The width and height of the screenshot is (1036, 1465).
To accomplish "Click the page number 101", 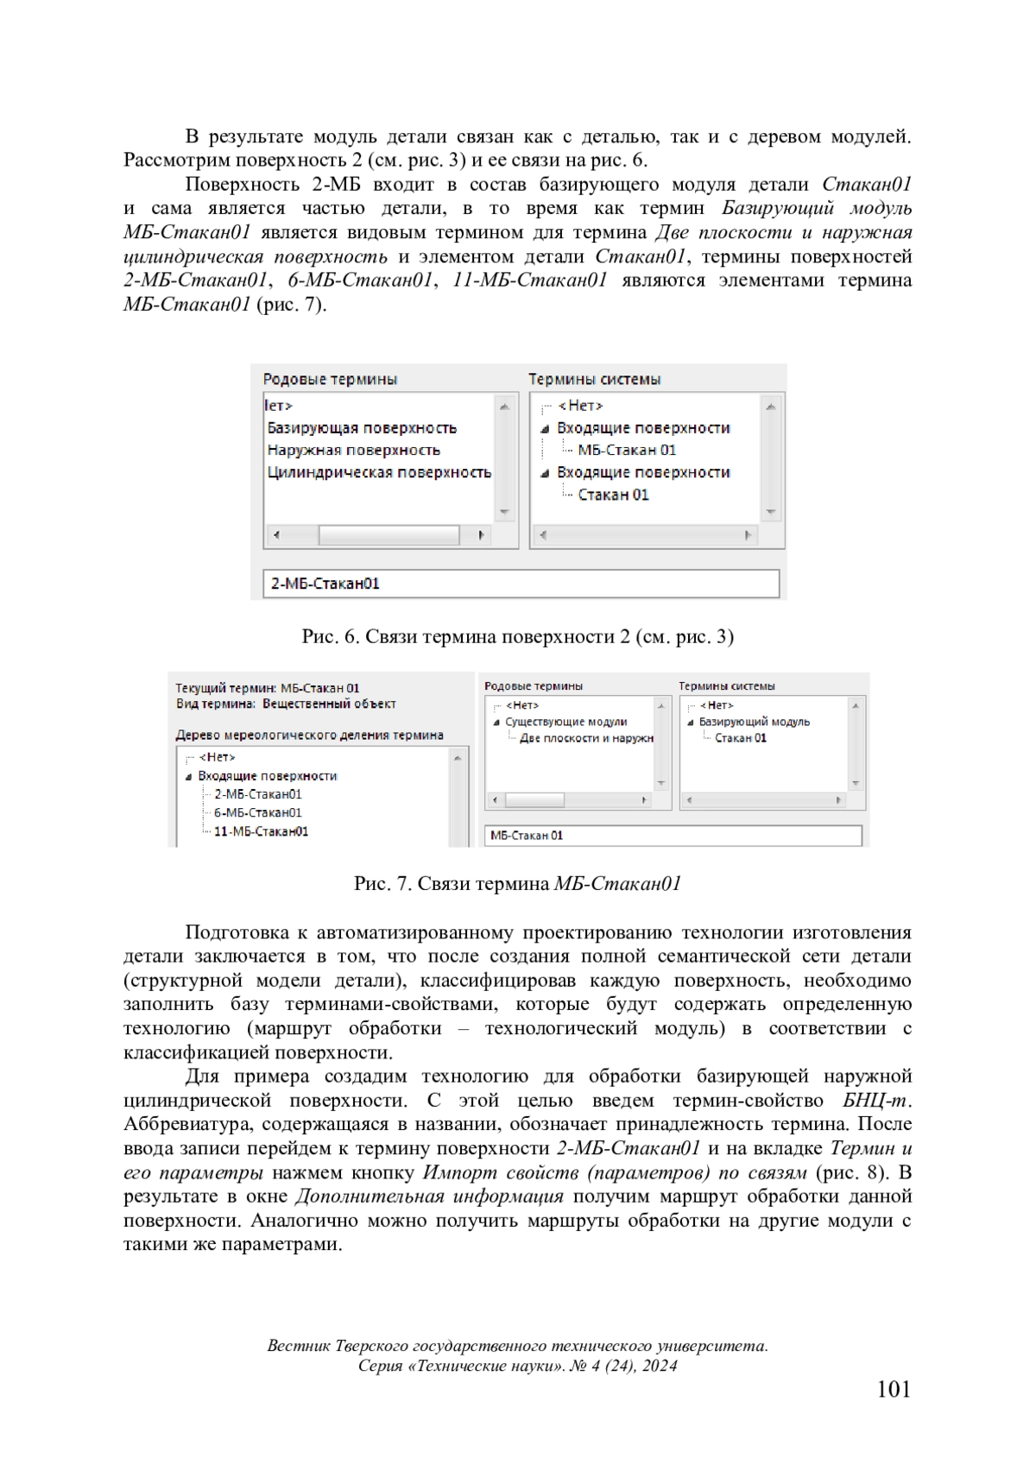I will [x=894, y=1389].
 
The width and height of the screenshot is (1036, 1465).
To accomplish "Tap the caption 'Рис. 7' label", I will [x=382, y=884].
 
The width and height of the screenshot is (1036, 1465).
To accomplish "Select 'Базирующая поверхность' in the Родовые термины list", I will [x=362, y=428].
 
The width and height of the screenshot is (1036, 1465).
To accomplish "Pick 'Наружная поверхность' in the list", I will [x=353, y=451].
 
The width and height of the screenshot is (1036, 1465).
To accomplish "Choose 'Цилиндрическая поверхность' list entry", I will [x=379, y=473].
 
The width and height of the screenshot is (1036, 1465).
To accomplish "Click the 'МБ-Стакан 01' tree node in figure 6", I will [x=627, y=451].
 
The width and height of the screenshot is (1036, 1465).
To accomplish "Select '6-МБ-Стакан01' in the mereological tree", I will [x=257, y=813].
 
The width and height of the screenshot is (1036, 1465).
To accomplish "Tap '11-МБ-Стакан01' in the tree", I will [x=261, y=832].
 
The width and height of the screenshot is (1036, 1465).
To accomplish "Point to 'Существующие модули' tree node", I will [x=565, y=723].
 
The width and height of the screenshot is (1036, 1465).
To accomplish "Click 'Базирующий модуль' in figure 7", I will [x=754, y=723].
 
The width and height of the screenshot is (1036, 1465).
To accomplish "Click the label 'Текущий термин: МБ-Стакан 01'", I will [x=267, y=689].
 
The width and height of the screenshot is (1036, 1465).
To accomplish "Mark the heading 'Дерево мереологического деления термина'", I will [x=309, y=736].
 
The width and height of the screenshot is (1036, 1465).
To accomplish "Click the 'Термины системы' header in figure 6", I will [x=594, y=380].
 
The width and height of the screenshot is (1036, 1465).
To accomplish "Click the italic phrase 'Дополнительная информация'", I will [x=429, y=1197].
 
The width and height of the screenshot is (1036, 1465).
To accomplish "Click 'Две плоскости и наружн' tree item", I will [x=586, y=739].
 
